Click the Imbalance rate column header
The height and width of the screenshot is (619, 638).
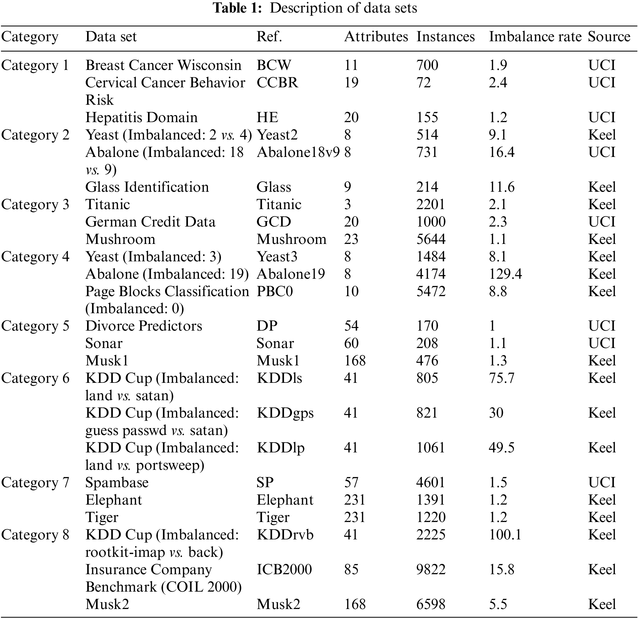tap(535, 36)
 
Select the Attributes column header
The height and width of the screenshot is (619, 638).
tap(376, 36)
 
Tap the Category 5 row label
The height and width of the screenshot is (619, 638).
tap(35, 326)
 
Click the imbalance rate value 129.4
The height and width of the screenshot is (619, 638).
tap(505, 274)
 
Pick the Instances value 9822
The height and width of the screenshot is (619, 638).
tap(431, 570)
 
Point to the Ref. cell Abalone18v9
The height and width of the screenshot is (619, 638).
tap(298, 152)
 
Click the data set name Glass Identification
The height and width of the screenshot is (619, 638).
tap(147, 187)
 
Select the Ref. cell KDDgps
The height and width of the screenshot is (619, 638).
tap(285, 413)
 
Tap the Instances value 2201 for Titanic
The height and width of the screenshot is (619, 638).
tap(430, 205)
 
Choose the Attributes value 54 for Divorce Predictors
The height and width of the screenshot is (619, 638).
tap(351, 326)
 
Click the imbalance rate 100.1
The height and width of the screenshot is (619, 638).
tap(505, 535)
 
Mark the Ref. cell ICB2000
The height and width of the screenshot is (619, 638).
tap(284, 570)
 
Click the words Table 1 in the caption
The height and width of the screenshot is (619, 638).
tap(237, 8)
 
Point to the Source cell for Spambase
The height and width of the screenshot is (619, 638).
tap(602, 482)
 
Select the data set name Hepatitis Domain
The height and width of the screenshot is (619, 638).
tap(141, 117)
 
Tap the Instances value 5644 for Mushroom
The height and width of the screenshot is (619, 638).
tap(431, 239)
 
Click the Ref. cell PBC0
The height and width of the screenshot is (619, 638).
tap(274, 291)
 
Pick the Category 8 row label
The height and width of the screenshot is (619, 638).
tap(35, 535)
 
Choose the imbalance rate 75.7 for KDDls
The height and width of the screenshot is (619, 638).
tap(501, 378)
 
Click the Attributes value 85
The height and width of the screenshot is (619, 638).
tap(351, 570)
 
